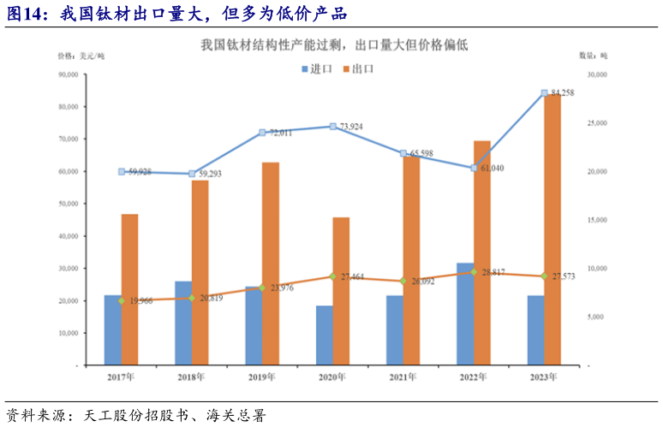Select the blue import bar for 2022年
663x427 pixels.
[464, 314]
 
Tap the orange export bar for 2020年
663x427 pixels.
[341, 291]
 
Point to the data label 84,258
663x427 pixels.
[563, 92]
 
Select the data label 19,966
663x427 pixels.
[140, 300]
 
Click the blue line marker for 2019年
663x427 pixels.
[263, 133]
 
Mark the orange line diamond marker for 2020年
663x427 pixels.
[333, 276]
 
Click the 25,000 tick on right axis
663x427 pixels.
[593, 123]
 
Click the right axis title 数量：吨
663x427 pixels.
[592, 56]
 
